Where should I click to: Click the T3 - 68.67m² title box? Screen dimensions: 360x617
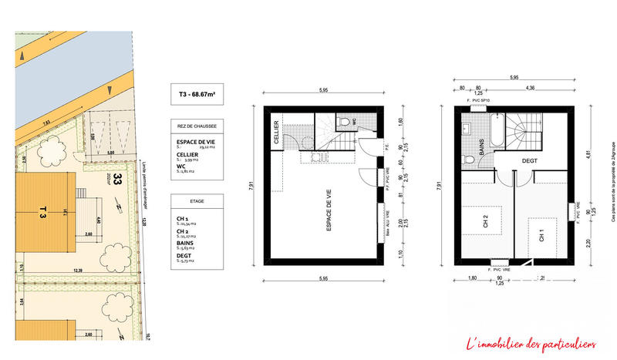pos(197,95)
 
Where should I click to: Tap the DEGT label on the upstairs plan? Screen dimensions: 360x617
pos(530,160)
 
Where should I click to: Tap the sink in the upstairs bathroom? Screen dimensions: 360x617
pos(468,127)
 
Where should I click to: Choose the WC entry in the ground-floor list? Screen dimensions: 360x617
pos(182,167)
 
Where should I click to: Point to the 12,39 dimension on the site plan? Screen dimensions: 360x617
pos(78,270)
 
